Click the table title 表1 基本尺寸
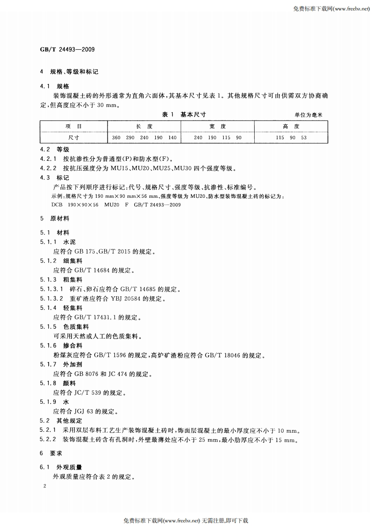click(184, 114)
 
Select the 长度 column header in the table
click(145, 127)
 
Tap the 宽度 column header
click(218, 127)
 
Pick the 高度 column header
click(291, 127)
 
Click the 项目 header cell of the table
click(73, 127)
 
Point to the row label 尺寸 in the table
click(73, 137)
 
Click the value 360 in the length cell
click(116, 137)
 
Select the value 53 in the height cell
click(304, 137)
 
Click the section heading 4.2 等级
click(55, 150)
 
